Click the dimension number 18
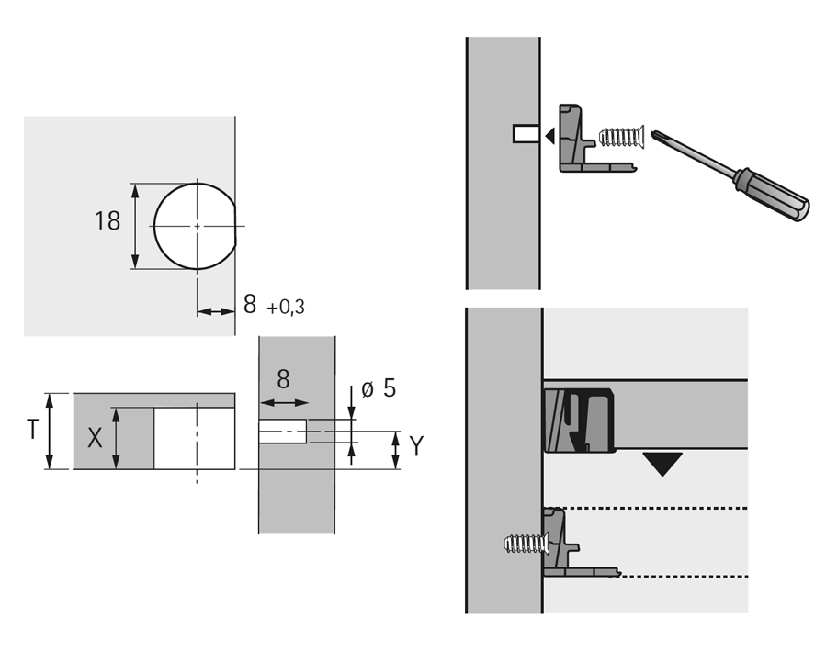point(107,221)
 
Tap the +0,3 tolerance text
point(286,308)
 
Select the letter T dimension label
point(33,430)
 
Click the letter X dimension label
point(95,438)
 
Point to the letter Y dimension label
point(416,446)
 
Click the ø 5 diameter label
point(379,388)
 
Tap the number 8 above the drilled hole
point(283,379)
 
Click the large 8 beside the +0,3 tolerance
point(250,304)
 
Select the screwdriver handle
point(772,196)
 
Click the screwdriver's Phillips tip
point(655,134)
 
